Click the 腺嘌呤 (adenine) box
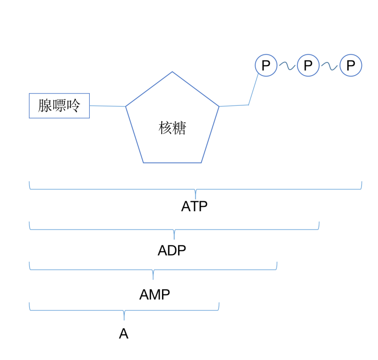(x=59, y=105)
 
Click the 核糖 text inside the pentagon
(x=172, y=128)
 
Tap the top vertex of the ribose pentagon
(x=172, y=72)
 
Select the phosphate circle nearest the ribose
(x=266, y=65)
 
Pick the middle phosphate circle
(x=308, y=65)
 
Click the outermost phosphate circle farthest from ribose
(x=351, y=65)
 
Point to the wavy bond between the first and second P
(x=287, y=66)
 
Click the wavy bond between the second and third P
(x=329, y=66)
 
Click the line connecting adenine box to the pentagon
(x=107, y=106)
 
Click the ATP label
(x=194, y=206)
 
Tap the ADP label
(x=172, y=250)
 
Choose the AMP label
(x=155, y=294)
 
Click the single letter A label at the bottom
(x=123, y=334)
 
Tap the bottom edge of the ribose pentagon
(x=172, y=163)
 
